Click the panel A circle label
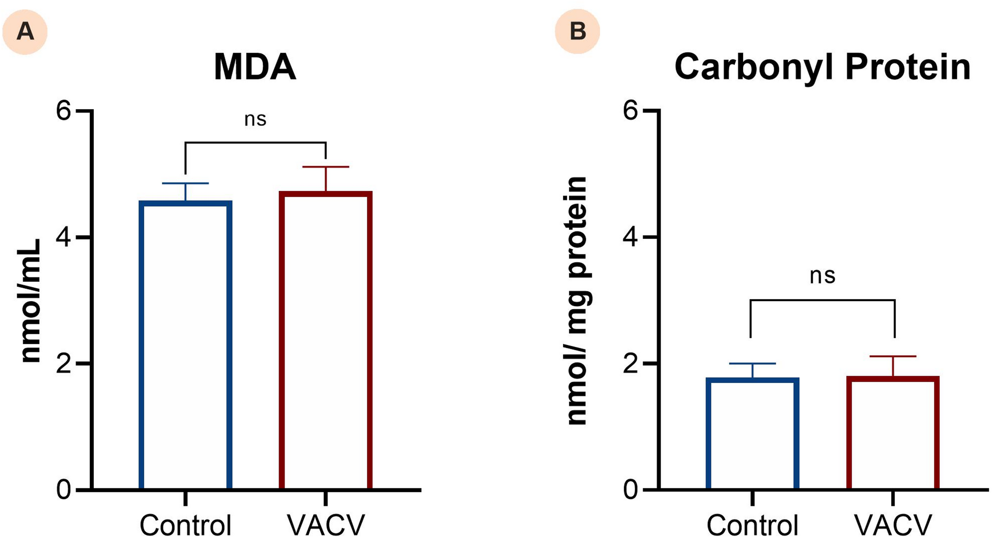(x=25, y=32)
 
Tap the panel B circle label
(x=578, y=32)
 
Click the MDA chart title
(x=255, y=67)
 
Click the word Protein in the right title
(x=908, y=67)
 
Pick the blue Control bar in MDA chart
(x=185, y=345)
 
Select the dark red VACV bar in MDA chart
(x=326, y=341)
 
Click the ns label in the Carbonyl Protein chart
(x=823, y=276)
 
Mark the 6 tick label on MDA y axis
(x=64, y=111)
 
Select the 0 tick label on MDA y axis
(x=64, y=490)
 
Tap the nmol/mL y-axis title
(x=31, y=301)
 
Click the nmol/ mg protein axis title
(x=577, y=301)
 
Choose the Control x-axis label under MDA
(x=185, y=524)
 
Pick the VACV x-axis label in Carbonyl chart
(x=893, y=524)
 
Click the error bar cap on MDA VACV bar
(x=326, y=167)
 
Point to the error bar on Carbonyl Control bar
(x=752, y=370)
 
